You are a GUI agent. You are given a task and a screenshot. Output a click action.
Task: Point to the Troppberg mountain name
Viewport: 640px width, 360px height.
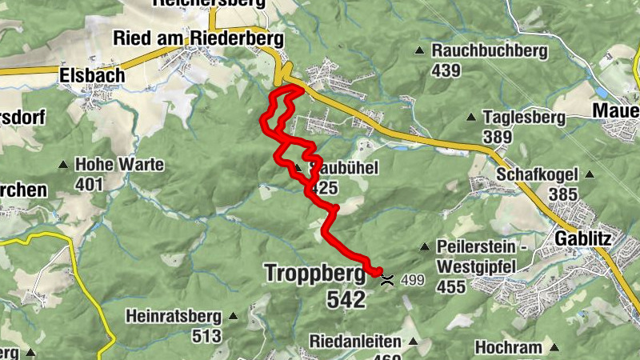click(316, 274)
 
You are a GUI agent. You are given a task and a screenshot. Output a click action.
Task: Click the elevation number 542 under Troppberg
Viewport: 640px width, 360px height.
click(346, 299)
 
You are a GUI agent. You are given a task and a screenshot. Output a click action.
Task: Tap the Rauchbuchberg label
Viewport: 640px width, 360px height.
click(490, 51)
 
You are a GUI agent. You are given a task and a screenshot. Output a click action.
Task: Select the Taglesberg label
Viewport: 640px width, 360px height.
click(524, 118)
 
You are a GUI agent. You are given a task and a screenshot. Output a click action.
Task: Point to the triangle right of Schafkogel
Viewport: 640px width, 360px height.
click(590, 174)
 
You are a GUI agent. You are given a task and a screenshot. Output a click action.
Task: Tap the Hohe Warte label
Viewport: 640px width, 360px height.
click(119, 165)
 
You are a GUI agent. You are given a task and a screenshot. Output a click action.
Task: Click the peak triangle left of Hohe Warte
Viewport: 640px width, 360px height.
click(62, 166)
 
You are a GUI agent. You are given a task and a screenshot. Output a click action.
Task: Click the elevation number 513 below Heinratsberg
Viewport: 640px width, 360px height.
click(206, 336)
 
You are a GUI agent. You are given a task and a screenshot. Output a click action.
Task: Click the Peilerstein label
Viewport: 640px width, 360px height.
click(479, 246)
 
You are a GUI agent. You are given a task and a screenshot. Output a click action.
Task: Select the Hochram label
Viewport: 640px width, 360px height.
click(508, 347)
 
